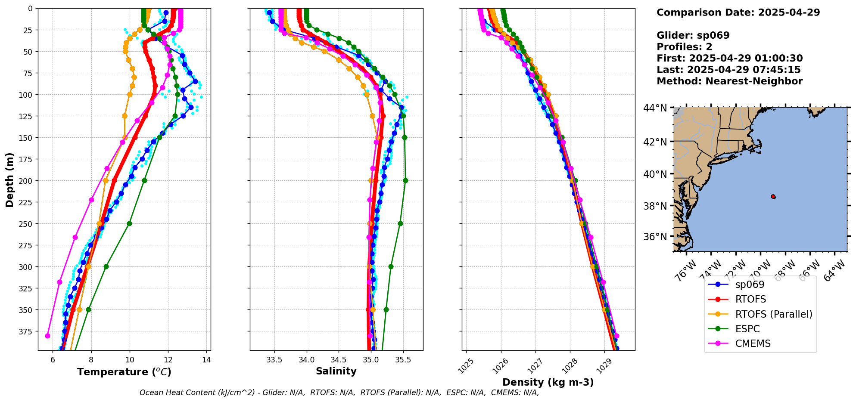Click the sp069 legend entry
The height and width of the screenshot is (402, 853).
tap(749, 284)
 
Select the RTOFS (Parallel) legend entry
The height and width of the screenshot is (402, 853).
tap(773, 314)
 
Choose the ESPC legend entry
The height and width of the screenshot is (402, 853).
tap(747, 329)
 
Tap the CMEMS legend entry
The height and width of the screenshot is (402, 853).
tap(752, 343)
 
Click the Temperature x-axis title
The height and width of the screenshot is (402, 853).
tap(124, 372)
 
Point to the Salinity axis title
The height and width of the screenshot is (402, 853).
tap(336, 371)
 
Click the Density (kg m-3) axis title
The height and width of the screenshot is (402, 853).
tap(548, 382)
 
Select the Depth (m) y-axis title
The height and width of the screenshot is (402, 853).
tap(9, 179)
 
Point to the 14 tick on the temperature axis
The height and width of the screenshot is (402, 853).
tap(206, 360)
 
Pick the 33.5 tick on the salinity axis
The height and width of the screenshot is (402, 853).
tap(274, 360)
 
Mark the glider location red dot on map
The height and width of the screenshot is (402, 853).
tap(773, 197)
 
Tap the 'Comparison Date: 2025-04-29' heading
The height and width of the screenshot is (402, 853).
tap(738, 12)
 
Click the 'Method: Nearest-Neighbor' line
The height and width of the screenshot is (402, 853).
tap(729, 81)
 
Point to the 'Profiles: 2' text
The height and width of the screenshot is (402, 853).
tap(684, 47)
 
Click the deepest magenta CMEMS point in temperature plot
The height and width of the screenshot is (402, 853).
tap(47, 336)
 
